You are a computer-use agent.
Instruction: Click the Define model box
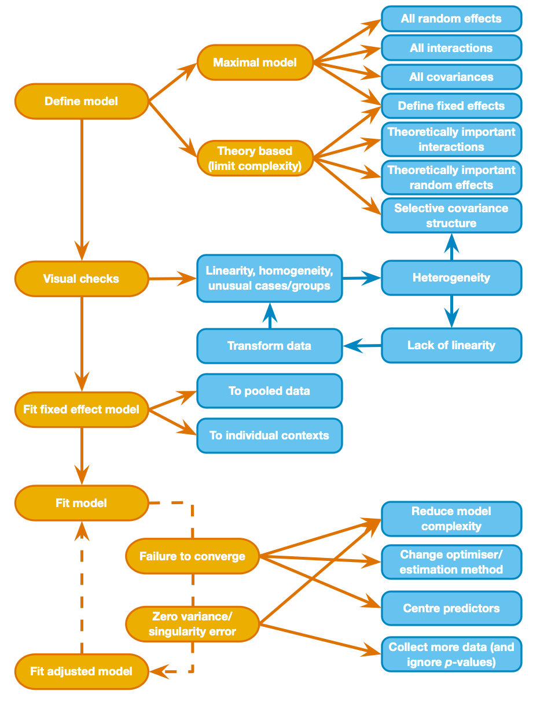(81, 101)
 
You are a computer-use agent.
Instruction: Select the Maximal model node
(255, 62)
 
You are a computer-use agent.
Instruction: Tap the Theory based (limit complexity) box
(255, 158)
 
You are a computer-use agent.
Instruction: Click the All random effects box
(451, 19)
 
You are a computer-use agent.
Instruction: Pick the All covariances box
(451, 77)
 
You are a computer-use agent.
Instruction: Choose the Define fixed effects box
(451, 106)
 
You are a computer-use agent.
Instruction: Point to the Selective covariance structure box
(451, 216)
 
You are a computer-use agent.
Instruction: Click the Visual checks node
(81, 279)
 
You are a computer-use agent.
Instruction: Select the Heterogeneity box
(451, 278)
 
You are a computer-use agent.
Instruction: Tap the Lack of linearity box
(451, 345)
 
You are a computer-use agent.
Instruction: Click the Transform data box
(269, 346)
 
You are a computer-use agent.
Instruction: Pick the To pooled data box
(269, 391)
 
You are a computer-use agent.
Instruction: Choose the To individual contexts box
(269, 435)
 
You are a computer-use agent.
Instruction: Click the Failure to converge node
(192, 556)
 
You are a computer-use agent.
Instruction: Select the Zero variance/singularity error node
(192, 624)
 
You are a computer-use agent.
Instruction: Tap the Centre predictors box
(451, 608)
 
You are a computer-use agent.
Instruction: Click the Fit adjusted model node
(81, 671)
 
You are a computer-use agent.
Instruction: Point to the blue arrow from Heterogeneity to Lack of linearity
(451, 312)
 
